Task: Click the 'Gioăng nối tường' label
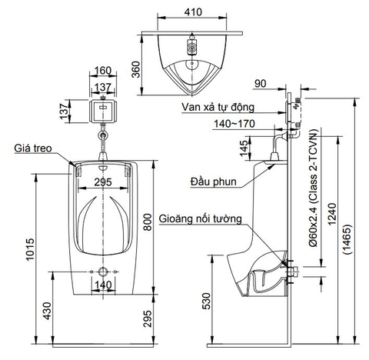click(x=201, y=218)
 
